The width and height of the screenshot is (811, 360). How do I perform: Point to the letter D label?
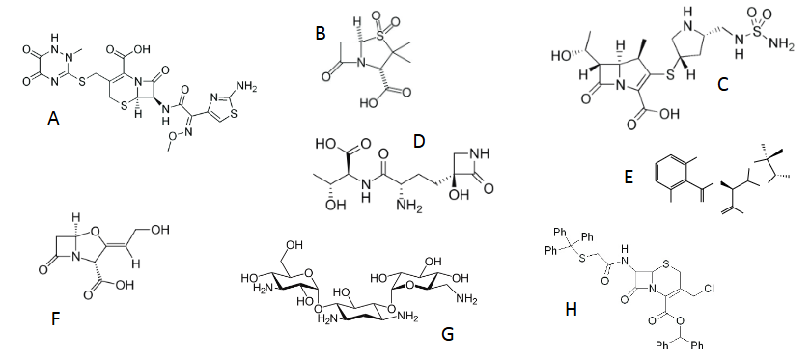(x=418, y=142)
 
